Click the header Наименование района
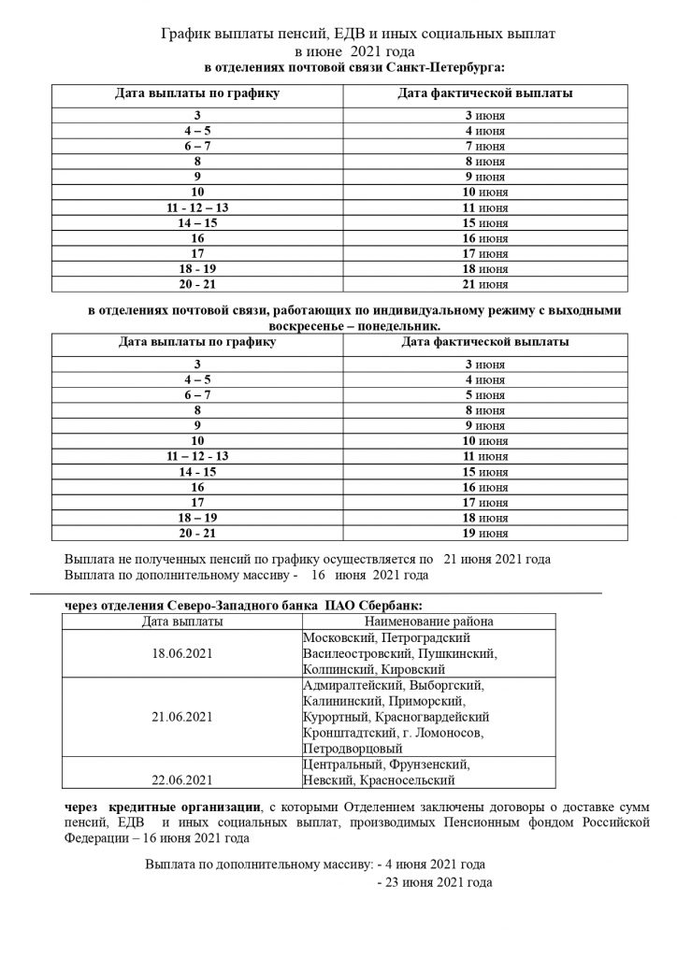[x=429, y=621]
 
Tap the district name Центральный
[x=343, y=764]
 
